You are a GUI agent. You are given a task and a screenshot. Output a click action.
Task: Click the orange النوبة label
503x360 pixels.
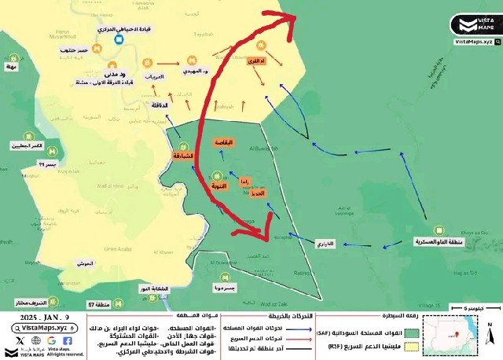pyautogui.click(x=219, y=186)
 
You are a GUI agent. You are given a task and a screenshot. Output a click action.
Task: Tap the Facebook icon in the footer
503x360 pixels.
pyautogui.click(x=68, y=341)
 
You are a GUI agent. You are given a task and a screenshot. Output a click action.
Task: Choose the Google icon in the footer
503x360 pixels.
pyautogui.click(x=50, y=341)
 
